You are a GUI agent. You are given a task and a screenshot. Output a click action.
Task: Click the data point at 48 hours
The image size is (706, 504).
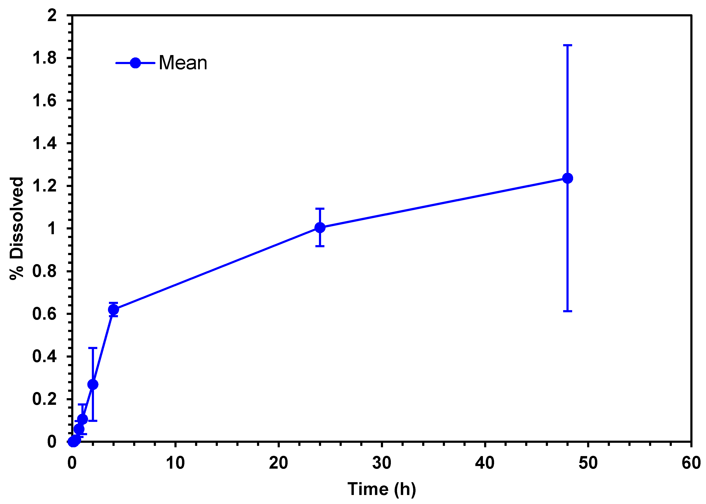567,178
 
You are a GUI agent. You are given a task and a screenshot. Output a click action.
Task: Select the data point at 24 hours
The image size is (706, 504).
320,228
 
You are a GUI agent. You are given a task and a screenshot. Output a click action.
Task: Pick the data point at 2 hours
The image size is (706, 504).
93,384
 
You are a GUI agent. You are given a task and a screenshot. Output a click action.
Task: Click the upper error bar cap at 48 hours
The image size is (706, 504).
567,45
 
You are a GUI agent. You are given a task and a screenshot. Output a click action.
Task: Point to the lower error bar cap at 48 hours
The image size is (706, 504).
567,311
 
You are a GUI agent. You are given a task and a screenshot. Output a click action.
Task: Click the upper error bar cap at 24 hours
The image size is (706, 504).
320,209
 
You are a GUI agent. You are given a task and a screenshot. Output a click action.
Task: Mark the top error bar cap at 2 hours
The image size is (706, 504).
93,348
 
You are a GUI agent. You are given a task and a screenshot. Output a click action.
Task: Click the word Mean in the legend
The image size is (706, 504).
183,63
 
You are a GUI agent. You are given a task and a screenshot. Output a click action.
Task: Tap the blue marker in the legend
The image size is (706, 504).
135,63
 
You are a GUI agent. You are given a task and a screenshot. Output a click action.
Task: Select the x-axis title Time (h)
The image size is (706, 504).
381,489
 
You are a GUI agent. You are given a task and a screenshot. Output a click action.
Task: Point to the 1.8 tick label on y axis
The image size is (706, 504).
44,58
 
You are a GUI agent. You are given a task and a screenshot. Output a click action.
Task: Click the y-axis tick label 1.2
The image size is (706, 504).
44,186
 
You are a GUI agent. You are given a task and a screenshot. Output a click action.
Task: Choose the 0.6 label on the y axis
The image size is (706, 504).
44,314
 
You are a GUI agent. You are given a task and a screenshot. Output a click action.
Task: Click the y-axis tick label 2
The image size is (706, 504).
52,15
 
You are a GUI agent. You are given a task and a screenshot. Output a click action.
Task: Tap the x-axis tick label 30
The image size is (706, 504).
381,463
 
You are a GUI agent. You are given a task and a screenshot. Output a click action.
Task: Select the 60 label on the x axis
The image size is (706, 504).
691,463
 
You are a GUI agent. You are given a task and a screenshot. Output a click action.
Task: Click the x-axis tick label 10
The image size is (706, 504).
175,463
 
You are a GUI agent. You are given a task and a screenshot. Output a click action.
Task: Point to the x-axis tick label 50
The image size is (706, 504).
588,463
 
